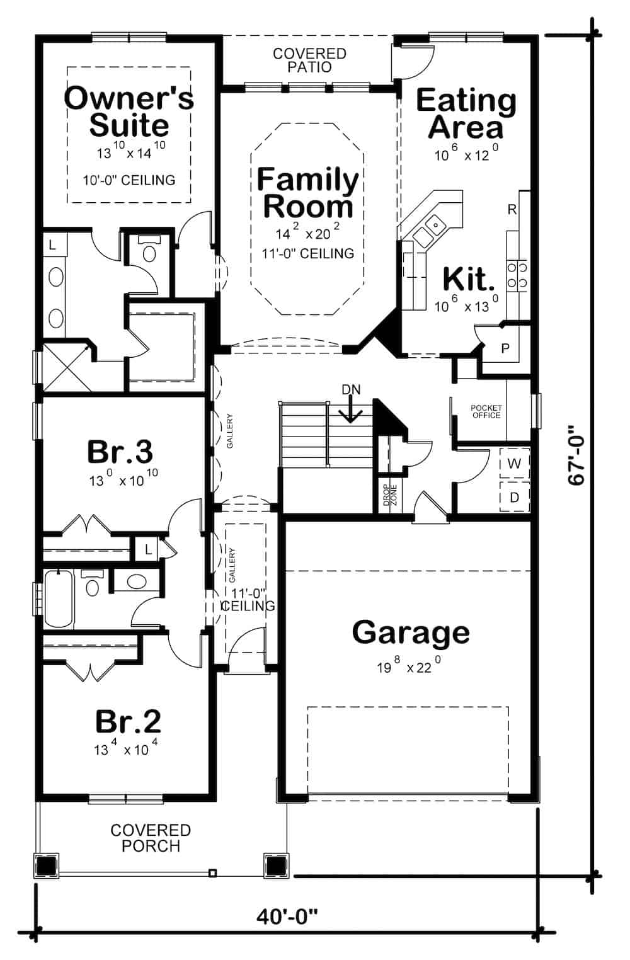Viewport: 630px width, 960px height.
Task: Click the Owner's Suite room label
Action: point(129,111)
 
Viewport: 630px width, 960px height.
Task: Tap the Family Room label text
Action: point(307,193)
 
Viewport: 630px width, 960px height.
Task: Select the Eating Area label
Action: point(466,113)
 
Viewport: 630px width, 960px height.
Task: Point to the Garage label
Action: point(411,632)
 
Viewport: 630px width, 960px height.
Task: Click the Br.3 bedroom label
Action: point(120,452)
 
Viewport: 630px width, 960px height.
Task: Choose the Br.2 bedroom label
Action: point(128,721)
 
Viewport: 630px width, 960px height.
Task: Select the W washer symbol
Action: point(514,464)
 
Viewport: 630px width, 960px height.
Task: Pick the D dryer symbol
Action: point(514,497)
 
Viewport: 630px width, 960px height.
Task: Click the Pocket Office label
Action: point(486,411)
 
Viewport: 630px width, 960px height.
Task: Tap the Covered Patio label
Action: point(309,60)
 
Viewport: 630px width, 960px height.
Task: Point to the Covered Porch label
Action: point(151,838)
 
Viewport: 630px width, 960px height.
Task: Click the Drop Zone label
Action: point(389,495)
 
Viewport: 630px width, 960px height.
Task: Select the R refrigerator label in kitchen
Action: point(512,210)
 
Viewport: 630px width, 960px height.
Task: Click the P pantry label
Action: point(505,348)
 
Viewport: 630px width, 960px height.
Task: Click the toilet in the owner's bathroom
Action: point(149,250)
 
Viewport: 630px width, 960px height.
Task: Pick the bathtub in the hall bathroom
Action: point(59,598)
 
